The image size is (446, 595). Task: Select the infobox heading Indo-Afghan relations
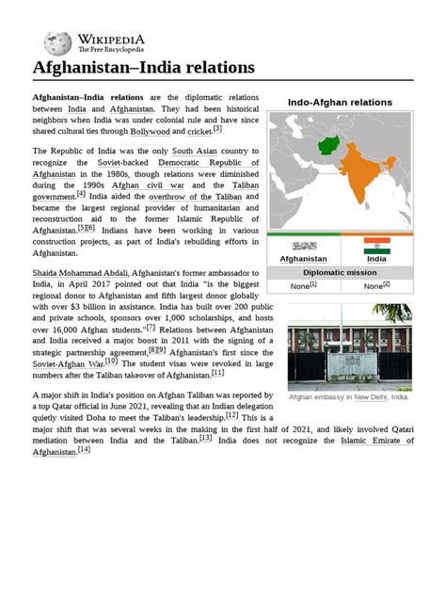[340, 102]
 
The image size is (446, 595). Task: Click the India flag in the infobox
[376, 246]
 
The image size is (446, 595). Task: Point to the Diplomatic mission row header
[340, 272]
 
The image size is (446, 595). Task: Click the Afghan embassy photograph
[350, 346]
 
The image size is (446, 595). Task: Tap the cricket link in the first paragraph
[199, 132]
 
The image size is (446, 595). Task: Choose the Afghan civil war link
[130, 185]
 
